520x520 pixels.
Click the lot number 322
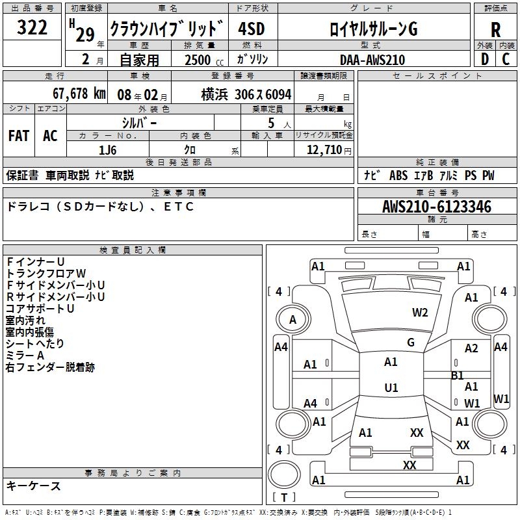(x=32, y=28)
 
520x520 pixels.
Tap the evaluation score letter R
(x=495, y=29)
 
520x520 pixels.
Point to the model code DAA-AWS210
(x=372, y=60)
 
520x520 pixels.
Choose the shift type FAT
(x=19, y=135)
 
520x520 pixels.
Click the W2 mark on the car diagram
(x=420, y=312)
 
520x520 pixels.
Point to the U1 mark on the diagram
(x=391, y=387)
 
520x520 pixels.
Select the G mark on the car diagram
(x=410, y=342)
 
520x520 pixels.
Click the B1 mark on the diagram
(x=457, y=375)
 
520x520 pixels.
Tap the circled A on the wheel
(x=292, y=319)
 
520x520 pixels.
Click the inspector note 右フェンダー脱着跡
(x=50, y=367)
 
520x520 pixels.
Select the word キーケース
(x=33, y=486)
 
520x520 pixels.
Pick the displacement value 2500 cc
(x=197, y=60)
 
